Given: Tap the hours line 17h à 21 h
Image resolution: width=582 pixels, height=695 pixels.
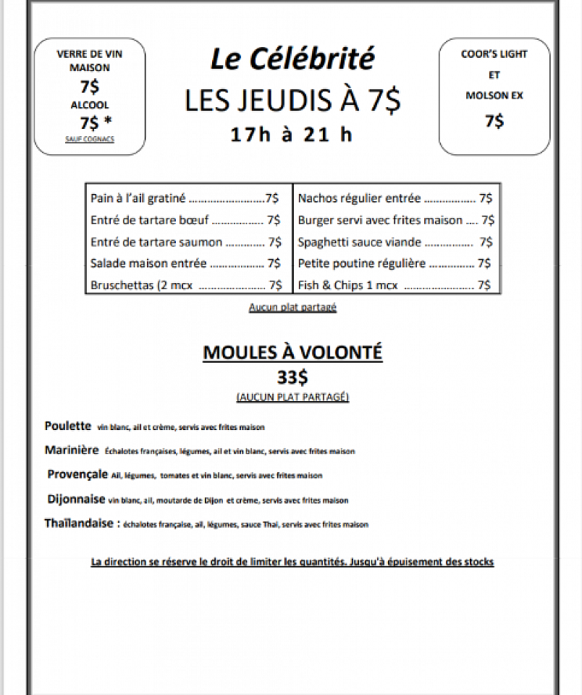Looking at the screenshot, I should click(x=292, y=135).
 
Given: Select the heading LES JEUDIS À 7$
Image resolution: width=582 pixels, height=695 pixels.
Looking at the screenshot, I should click(x=292, y=101).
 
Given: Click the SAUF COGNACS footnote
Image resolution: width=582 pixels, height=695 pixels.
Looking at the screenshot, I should click(x=90, y=138).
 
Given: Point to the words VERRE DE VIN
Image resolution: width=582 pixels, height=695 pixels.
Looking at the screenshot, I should click(x=90, y=54).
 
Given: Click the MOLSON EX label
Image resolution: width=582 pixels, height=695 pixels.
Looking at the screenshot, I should click(x=494, y=96).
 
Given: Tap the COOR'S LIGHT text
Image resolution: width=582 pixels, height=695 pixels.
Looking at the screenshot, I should click(x=494, y=54).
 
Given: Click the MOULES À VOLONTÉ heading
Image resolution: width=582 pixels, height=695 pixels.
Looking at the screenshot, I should click(x=292, y=353).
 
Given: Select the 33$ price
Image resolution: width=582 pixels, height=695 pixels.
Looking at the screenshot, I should click(x=292, y=377).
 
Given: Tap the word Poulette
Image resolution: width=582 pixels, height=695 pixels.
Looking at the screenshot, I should click(x=68, y=426).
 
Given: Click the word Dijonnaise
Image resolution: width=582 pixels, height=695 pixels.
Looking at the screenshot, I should click(x=76, y=499).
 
